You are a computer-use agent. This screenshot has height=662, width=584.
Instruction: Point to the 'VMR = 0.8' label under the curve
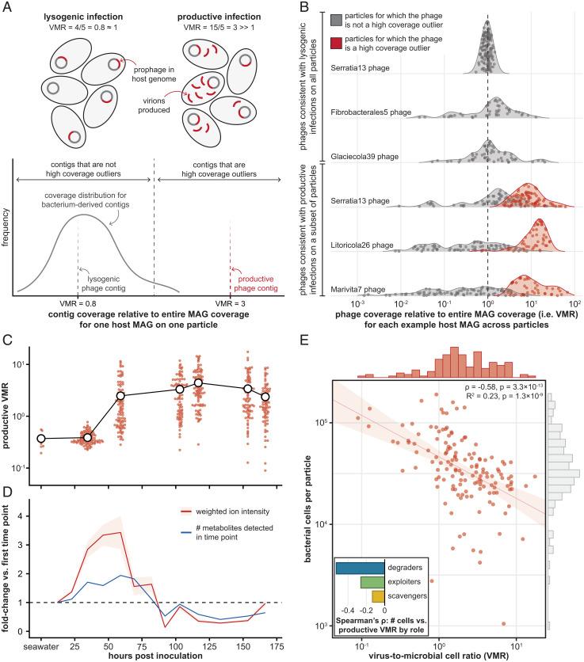pos(78,302)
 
